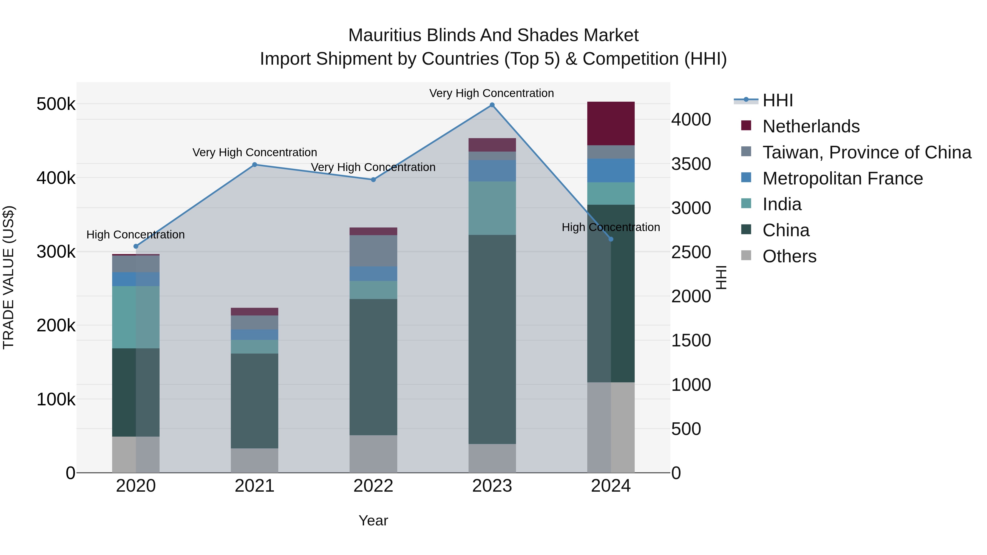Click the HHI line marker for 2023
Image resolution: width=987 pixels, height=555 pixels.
[x=492, y=105]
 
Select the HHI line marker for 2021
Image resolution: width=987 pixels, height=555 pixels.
[x=254, y=165]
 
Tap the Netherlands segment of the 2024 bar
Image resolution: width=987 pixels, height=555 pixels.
[x=611, y=123]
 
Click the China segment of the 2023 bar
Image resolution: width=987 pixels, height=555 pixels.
[x=492, y=339]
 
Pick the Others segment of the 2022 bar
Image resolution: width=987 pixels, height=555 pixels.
[x=373, y=454]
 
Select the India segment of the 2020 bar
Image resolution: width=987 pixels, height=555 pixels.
[x=136, y=317]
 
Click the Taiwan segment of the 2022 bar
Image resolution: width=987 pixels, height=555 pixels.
[x=373, y=251]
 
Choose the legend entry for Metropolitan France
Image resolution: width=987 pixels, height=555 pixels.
[x=842, y=178]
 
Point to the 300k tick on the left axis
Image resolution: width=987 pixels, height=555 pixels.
[x=56, y=252]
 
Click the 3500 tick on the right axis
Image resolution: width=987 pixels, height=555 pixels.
[x=691, y=164]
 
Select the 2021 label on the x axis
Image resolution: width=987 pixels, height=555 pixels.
[x=254, y=486]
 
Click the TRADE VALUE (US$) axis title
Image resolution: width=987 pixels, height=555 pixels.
[x=8, y=277]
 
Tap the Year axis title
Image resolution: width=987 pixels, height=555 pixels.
[x=373, y=520]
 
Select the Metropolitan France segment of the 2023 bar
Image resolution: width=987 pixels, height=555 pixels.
[x=492, y=171]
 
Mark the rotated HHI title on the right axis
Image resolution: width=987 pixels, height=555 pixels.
[x=721, y=277]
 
